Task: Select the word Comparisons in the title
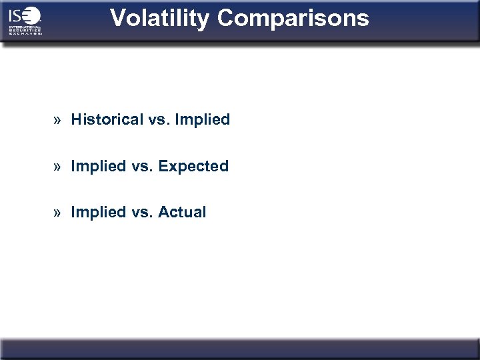[293, 18]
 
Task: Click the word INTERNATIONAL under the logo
[25, 27]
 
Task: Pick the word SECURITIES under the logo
[25, 30]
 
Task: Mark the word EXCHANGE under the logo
[25, 33]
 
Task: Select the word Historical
[107, 120]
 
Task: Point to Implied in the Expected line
[99, 166]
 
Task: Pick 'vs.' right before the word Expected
[142, 166]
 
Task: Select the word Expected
[193, 166]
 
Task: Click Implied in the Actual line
[99, 212]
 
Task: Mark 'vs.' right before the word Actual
[142, 212]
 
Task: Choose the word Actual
[182, 212]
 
